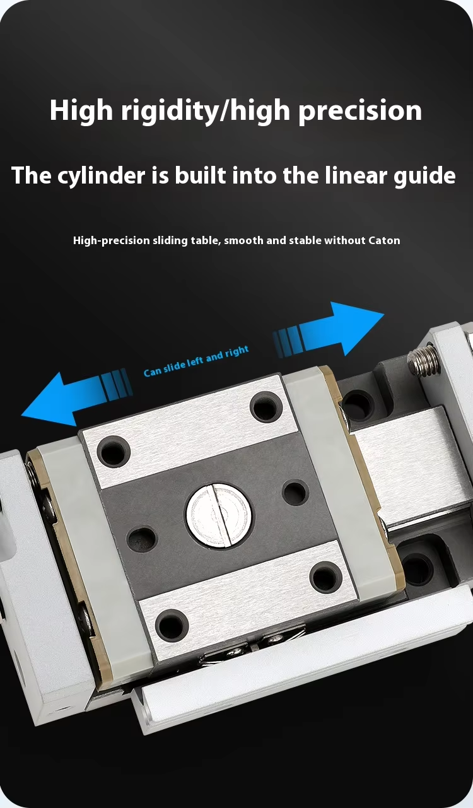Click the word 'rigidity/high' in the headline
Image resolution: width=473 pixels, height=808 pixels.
tap(206, 111)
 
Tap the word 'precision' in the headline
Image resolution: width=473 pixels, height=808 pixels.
tap(361, 111)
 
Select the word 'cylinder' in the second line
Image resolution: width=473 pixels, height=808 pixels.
tap(101, 176)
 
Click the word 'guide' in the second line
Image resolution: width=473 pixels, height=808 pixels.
tap(424, 176)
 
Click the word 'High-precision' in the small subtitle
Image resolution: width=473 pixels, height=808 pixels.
tap(112, 240)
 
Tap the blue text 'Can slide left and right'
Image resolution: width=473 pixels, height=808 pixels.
tap(196, 361)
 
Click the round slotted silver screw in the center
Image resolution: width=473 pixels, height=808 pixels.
tap(219, 515)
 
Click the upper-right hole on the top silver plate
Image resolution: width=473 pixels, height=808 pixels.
tap(266, 407)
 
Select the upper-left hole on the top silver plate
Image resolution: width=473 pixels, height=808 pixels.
tap(114, 451)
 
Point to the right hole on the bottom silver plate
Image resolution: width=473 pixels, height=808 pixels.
tap(326, 577)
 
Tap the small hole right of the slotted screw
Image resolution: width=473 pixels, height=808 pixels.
tap(295, 493)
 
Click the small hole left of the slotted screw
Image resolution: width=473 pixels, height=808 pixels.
tap(142, 538)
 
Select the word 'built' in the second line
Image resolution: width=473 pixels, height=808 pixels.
tap(201, 176)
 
